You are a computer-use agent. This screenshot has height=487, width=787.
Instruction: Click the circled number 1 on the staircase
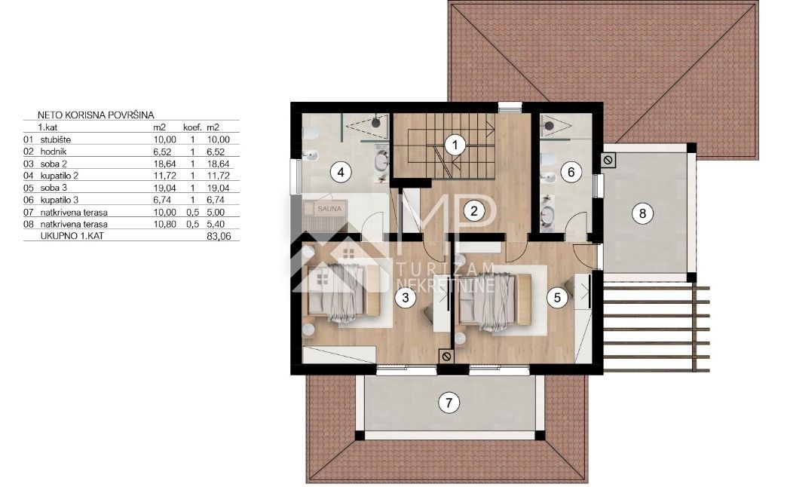coord(455,145)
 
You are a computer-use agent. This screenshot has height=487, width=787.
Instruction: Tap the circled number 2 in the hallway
coord(474,210)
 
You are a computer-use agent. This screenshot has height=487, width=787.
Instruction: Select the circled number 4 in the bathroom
coord(341,172)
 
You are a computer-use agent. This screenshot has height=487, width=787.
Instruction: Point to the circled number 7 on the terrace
coord(449,402)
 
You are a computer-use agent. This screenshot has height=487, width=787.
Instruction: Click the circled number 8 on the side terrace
coord(642,213)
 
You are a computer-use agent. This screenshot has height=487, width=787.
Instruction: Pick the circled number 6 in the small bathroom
coord(571,172)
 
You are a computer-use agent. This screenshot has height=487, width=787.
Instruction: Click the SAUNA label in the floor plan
coord(329,208)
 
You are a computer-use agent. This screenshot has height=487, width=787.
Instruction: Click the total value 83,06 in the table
coord(219,236)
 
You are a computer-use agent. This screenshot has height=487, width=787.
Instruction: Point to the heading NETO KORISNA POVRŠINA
coord(96,115)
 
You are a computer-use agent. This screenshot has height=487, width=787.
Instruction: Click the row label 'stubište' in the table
coord(56,139)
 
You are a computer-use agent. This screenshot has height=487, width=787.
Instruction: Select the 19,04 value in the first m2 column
coord(164,188)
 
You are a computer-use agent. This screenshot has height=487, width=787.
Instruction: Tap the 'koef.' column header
coord(192,127)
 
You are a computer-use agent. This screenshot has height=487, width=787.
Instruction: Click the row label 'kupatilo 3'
coord(60,200)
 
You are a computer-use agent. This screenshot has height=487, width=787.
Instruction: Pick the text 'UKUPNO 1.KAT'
coord(72,236)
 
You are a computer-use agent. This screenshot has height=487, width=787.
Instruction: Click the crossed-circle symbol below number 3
coord(446,357)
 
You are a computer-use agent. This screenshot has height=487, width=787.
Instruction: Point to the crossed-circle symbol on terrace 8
coord(608,161)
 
